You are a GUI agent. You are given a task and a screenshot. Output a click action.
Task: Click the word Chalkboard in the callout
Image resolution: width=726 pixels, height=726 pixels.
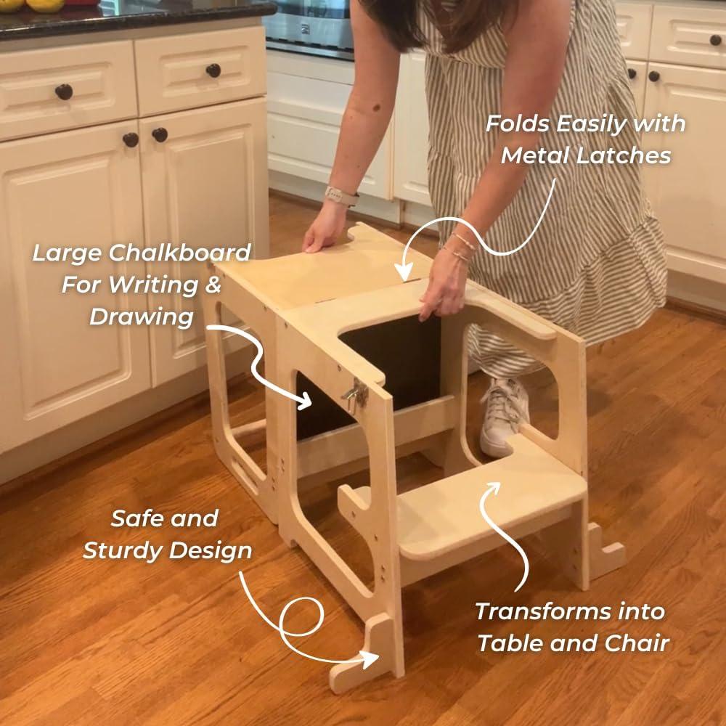click(x=180, y=253)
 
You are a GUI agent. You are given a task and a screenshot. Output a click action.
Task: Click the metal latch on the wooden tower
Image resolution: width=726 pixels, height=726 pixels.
click(x=355, y=394)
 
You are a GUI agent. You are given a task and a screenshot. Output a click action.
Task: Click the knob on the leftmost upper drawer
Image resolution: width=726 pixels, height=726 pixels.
click(x=64, y=91)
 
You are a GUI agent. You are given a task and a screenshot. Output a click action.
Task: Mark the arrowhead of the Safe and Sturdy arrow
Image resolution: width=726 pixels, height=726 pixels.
click(x=371, y=659)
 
